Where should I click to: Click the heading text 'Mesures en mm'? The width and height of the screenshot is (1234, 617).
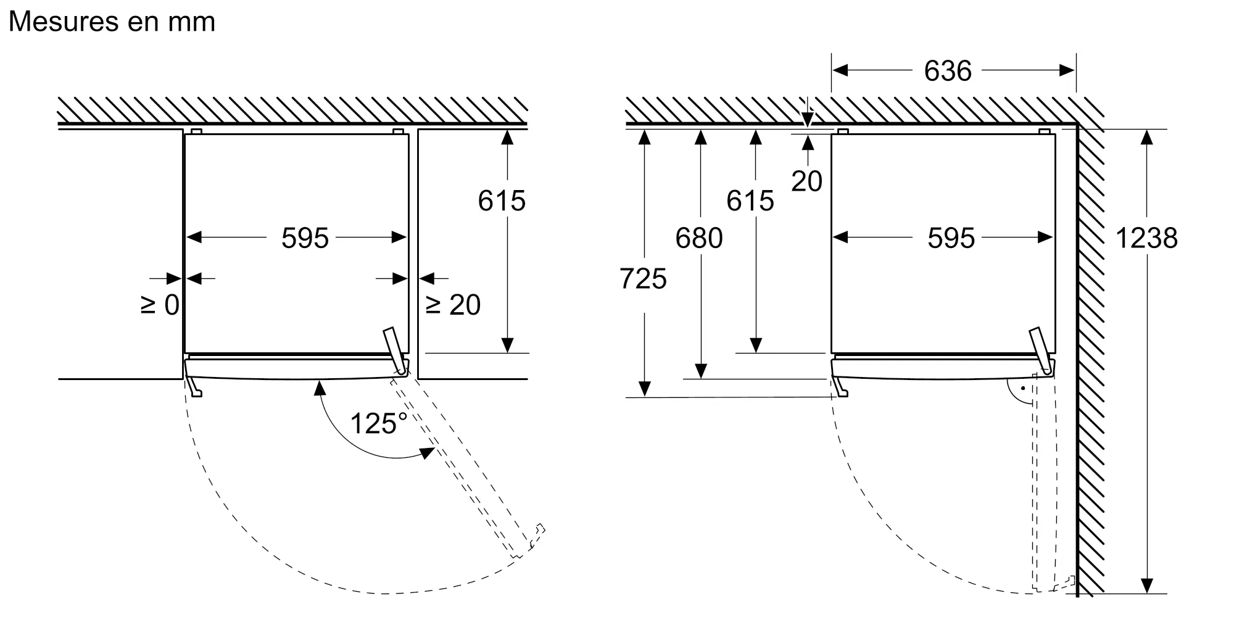[112, 22]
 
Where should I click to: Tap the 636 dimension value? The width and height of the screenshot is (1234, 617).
[948, 71]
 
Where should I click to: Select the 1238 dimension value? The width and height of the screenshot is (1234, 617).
[1146, 238]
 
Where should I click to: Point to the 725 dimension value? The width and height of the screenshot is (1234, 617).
[643, 279]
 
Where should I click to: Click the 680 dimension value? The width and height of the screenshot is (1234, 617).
[699, 238]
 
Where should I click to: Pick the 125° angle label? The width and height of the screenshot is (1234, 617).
[378, 424]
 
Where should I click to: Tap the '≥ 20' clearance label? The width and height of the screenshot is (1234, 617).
[453, 305]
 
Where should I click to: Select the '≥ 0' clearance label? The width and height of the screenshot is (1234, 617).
[160, 305]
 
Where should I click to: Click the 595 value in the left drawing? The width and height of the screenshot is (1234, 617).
[305, 238]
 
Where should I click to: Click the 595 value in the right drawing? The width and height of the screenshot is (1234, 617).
[951, 238]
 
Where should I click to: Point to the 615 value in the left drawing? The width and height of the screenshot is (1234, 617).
[502, 201]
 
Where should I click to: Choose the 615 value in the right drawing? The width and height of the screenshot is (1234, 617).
[750, 201]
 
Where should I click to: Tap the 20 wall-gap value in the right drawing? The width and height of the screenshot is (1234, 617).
[806, 181]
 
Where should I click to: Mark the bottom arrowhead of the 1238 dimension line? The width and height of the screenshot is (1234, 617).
[1147, 586]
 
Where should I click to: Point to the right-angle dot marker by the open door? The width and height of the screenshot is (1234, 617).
[1022, 389]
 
